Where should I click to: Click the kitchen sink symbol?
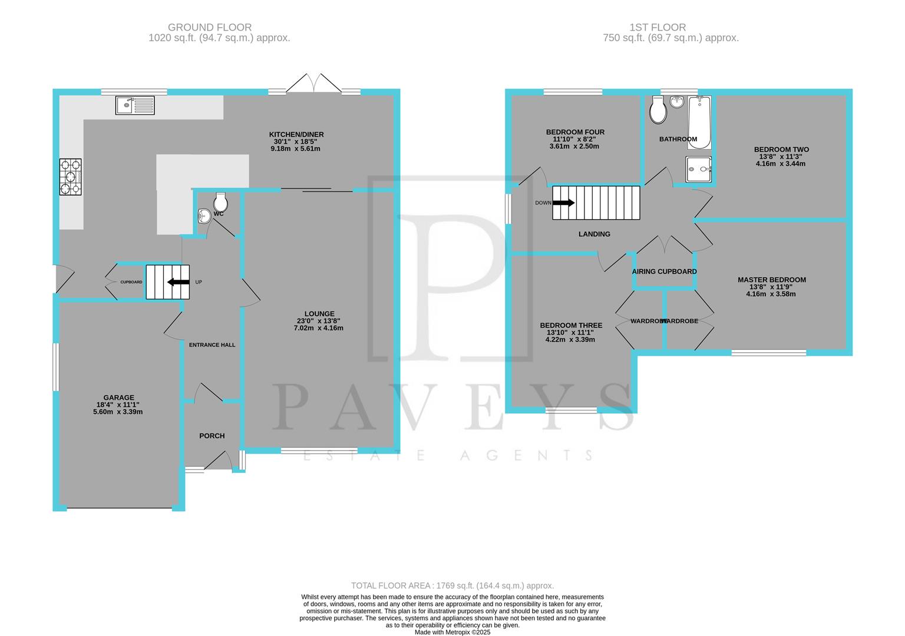click(x=135, y=105)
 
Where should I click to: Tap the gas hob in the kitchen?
click(x=70, y=177)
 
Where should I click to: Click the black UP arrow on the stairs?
click(x=179, y=282)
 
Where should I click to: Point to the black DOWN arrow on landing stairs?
click(x=564, y=203)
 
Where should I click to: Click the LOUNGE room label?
click(x=319, y=314)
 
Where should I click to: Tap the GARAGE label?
click(x=119, y=397)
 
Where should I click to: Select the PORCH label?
click(x=212, y=436)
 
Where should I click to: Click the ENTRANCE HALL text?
click(x=212, y=345)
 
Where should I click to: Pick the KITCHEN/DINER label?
click(x=296, y=134)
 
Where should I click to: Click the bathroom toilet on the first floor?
click(x=658, y=110)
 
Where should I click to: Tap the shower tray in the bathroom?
click(x=699, y=168)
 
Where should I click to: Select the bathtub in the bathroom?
click(x=700, y=121)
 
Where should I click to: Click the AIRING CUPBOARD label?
click(x=665, y=271)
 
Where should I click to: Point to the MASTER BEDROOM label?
click(x=772, y=280)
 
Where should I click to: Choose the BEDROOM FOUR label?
click(x=575, y=132)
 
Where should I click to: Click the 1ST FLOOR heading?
click(x=658, y=27)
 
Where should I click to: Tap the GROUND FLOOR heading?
click(x=210, y=27)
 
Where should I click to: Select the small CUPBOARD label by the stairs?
click(x=131, y=282)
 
